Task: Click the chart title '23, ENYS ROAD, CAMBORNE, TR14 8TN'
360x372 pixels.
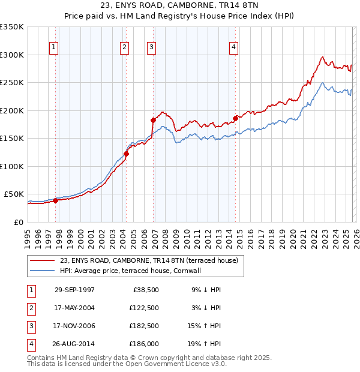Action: pyautogui.click(x=179, y=7)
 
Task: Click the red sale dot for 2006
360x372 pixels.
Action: pyautogui.click(x=153, y=120)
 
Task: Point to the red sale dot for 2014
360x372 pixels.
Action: pyautogui.click(x=236, y=118)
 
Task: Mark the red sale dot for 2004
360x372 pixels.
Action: pyautogui.click(x=127, y=154)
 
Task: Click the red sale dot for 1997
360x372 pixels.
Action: pyautogui.click(x=55, y=200)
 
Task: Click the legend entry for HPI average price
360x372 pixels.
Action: pyautogui.click(x=130, y=271)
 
